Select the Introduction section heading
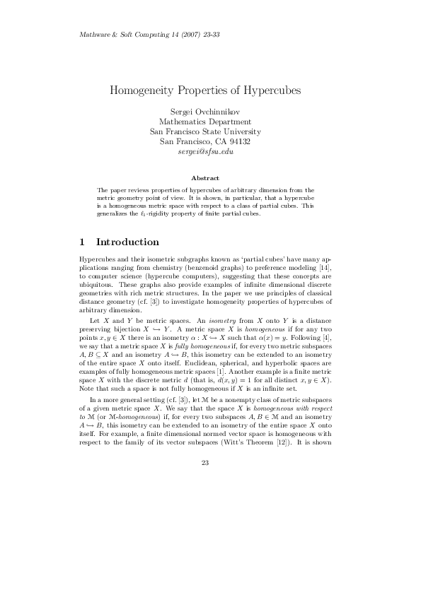point(127,242)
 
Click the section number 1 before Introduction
point(82,242)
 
